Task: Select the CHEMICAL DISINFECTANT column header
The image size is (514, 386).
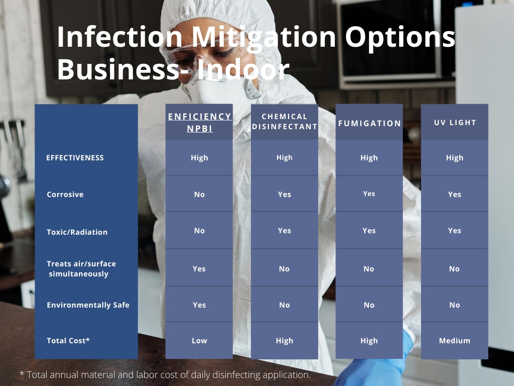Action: click(x=285, y=122)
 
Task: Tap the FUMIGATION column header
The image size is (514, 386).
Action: click(x=369, y=124)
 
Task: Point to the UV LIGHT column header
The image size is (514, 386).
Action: click(x=455, y=123)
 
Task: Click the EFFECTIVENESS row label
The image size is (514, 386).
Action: click(x=75, y=158)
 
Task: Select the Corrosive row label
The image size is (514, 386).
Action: click(x=65, y=195)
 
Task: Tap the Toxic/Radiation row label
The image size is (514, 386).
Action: click(x=77, y=232)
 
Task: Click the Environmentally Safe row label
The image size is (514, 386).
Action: click(x=88, y=305)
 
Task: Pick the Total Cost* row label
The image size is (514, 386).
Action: click(x=68, y=341)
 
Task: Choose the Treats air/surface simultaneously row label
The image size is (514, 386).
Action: click(x=81, y=269)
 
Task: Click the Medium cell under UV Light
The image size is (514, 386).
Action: click(x=455, y=341)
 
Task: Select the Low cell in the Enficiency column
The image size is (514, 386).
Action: click(x=199, y=341)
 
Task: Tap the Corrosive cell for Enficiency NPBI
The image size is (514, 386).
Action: click(x=199, y=195)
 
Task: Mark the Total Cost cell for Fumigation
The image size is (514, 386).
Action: click(x=369, y=341)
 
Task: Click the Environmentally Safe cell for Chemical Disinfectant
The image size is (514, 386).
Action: click(x=285, y=305)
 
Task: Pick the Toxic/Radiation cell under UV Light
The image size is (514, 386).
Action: click(x=455, y=231)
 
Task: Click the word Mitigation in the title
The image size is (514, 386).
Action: click(x=264, y=37)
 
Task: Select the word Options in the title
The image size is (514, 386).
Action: click(x=400, y=38)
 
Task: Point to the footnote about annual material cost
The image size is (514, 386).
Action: click(x=165, y=374)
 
